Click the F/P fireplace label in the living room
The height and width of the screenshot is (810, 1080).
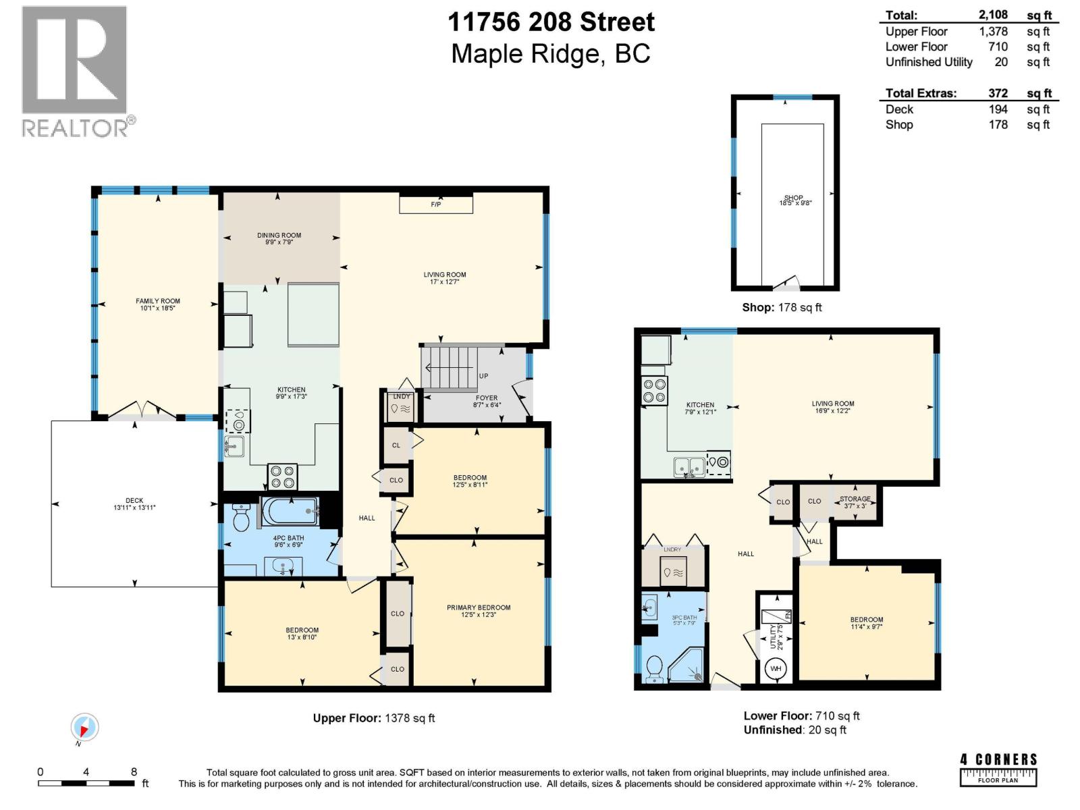click(436, 204)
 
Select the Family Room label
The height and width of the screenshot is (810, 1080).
click(158, 304)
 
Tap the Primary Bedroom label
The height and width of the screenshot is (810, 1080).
click(479, 611)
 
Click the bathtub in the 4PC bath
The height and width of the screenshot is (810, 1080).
click(289, 512)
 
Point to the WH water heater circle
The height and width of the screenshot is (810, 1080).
click(776, 669)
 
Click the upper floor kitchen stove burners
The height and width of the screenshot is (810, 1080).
click(282, 477)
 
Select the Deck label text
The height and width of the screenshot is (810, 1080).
click(134, 504)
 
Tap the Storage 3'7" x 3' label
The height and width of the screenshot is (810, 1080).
click(855, 502)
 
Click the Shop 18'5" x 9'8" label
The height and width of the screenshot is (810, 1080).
click(794, 200)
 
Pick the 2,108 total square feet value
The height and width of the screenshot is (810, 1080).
click(993, 15)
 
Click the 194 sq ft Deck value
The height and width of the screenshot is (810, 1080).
click(998, 109)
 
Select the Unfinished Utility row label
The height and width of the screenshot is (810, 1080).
click(929, 62)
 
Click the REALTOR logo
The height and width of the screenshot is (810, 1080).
click(75, 72)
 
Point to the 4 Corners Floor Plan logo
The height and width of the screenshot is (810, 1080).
click(998, 768)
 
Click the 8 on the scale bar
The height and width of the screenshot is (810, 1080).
click(134, 772)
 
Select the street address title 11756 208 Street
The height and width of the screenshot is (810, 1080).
click(551, 22)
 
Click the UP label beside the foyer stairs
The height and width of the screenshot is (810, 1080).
click(483, 376)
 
